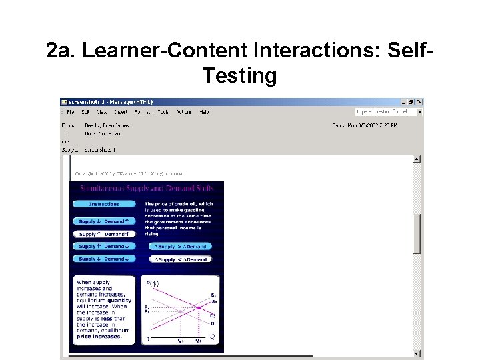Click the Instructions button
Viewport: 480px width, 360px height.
pyautogui.click(x=104, y=204)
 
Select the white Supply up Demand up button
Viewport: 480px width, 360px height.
pyautogui.click(x=104, y=234)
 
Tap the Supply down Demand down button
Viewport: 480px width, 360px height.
pyautogui.click(x=104, y=259)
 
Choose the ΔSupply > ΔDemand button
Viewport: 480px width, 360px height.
pyautogui.click(x=181, y=246)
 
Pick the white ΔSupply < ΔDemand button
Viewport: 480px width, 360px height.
pyautogui.click(x=181, y=259)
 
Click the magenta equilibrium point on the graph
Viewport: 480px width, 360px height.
pyautogui.click(x=198, y=307)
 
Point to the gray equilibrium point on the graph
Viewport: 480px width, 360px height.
pyautogui.click(x=180, y=311)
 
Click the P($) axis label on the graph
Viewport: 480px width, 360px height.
pyautogui.click(x=153, y=283)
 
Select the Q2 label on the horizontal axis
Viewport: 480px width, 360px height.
pyautogui.click(x=198, y=341)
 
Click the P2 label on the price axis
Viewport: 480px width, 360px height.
pyautogui.click(x=147, y=307)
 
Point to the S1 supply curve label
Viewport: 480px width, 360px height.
pyautogui.click(x=213, y=295)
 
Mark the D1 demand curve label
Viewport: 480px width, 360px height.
pyautogui.click(x=213, y=323)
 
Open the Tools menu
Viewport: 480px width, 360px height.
pyautogui.click(x=163, y=112)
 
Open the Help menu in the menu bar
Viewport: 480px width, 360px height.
pyautogui.click(x=204, y=112)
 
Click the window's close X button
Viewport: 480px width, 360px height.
pyautogui.click(x=419, y=102)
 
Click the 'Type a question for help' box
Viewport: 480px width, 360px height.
pyautogui.click(x=385, y=112)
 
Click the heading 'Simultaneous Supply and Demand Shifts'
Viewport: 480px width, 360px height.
pyautogui.click(x=148, y=189)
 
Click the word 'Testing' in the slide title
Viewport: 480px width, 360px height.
pyautogui.click(x=239, y=75)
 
